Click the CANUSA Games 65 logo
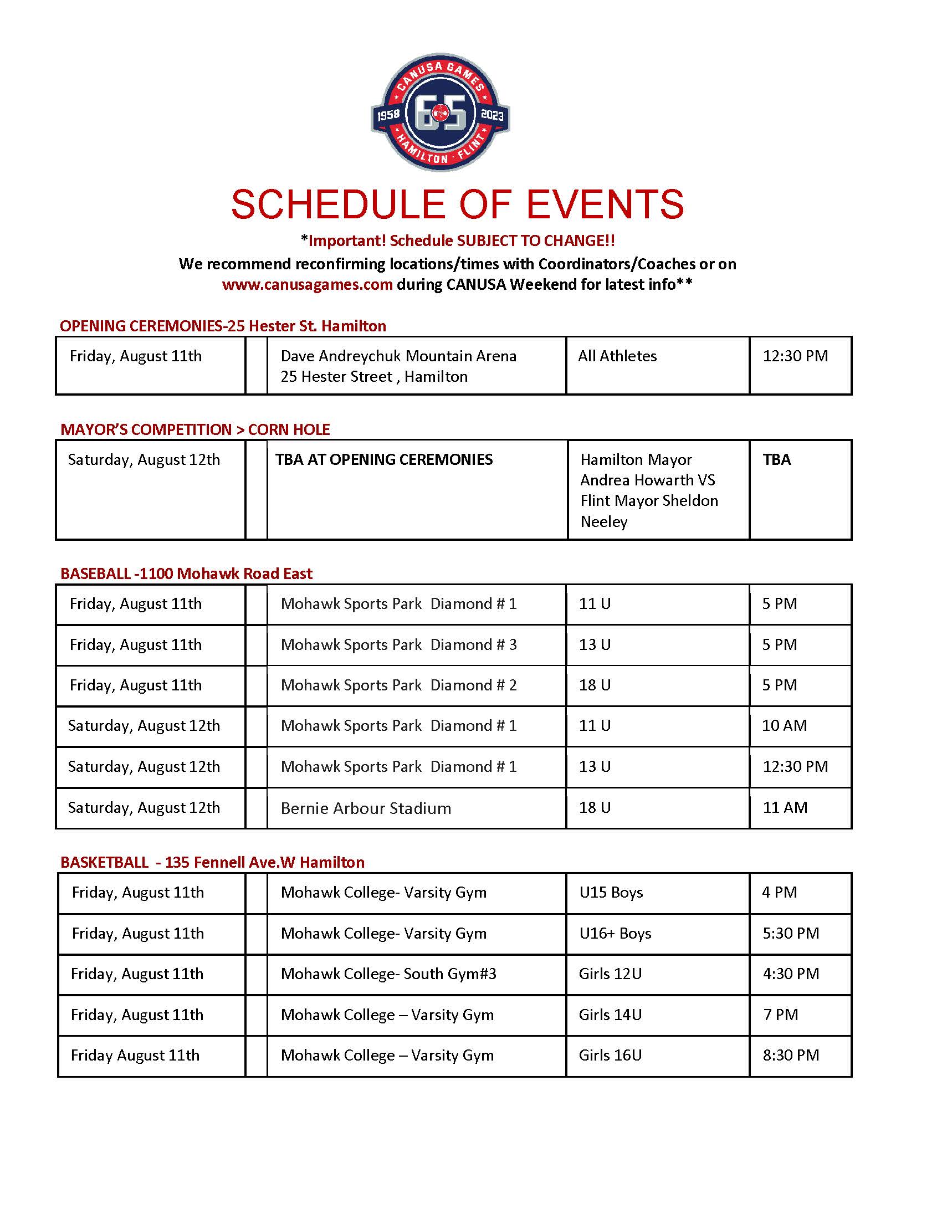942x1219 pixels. [x=441, y=112]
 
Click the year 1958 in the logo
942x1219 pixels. [x=388, y=115]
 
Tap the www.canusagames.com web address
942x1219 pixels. [x=307, y=285]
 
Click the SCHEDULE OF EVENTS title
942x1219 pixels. [x=457, y=204]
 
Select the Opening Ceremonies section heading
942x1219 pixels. [x=223, y=326]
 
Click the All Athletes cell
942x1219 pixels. [x=617, y=356]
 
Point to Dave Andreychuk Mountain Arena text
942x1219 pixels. [x=398, y=356]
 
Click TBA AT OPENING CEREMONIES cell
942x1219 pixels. [x=384, y=459]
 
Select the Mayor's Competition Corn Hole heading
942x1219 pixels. [x=195, y=429]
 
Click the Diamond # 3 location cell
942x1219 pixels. [x=398, y=644]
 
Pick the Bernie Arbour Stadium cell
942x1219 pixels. [x=366, y=808]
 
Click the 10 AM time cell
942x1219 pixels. [x=784, y=726]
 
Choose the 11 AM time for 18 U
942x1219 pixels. [x=785, y=808]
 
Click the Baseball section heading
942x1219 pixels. [x=186, y=574]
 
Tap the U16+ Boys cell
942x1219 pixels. [x=615, y=933]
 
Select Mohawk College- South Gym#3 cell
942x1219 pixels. [x=388, y=974]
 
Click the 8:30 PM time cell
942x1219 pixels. [x=791, y=1056]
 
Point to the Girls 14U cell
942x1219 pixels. [x=610, y=1015]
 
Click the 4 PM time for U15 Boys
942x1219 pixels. [x=779, y=893]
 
